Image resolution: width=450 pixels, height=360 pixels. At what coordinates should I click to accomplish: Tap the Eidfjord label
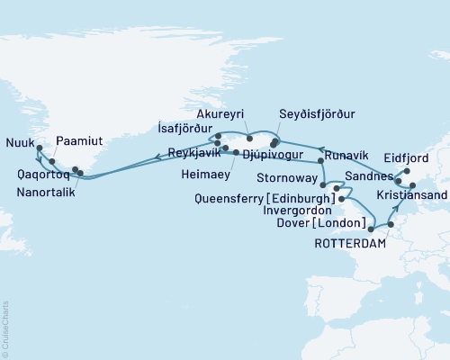421,155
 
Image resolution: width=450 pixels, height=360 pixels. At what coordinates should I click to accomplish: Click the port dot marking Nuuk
38,149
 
